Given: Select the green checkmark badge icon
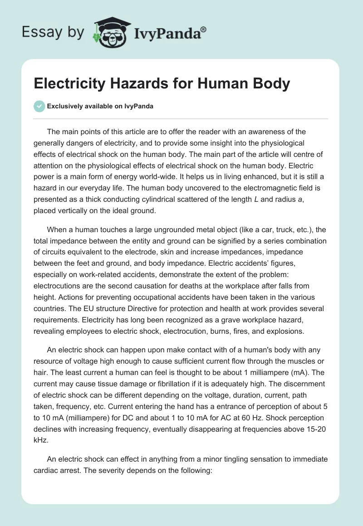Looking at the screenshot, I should tap(40, 106).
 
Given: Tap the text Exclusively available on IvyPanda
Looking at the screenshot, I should tap(100, 106).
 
